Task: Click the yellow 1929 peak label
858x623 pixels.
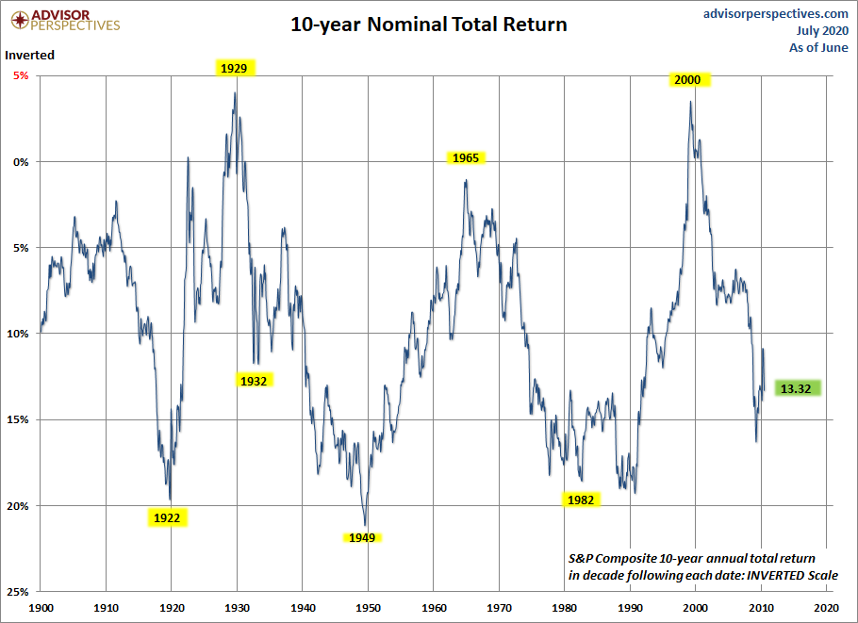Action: [234, 68]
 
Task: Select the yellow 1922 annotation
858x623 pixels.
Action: [167, 517]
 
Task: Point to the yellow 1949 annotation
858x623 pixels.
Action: [362, 537]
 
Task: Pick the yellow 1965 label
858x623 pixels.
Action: [466, 158]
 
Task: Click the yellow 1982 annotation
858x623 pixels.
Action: [581, 500]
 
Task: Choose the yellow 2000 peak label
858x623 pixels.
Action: [687, 80]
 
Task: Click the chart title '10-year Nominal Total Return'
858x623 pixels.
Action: [429, 25]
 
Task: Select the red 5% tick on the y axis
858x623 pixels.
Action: [19, 75]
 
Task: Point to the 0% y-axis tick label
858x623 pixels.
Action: [20, 161]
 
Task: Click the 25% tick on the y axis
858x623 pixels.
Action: [17, 592]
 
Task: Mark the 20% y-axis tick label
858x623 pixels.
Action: [17, 506]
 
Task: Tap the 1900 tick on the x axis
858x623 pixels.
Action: [41, 609]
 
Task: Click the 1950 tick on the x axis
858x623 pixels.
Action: [369, 609]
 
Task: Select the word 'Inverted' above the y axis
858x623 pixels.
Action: [30, 55]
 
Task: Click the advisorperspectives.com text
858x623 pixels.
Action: [776, 13]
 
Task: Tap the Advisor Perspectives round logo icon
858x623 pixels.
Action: [16, 19]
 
